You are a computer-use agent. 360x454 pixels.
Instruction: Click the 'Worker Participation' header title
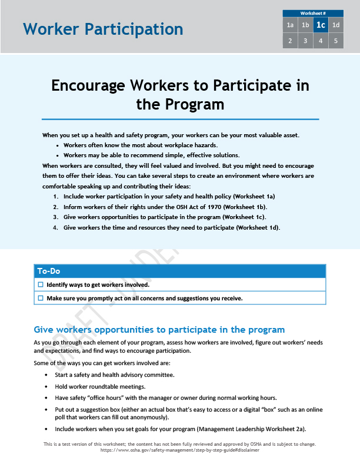pos(103,29)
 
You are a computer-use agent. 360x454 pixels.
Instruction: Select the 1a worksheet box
pos(290,25)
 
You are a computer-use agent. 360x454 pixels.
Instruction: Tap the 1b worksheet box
pos(305,25)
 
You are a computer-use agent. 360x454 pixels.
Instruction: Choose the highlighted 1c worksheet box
pos(321,25)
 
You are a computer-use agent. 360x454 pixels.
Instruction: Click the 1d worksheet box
pos(336,25)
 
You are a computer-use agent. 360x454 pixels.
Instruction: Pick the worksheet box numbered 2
pos(290,41)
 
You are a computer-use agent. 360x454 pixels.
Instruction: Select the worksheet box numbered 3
pos(305,41)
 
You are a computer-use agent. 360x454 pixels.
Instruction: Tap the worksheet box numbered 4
pos(321,41)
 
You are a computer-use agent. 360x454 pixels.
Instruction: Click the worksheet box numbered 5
pos(336,41)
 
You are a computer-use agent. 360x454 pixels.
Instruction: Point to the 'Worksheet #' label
pos(313,13)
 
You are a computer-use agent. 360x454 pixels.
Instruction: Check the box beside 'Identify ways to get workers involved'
pos(41,284)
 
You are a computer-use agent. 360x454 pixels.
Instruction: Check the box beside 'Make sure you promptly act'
pos(41,298)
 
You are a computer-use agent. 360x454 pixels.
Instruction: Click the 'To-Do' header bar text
pos(49,271)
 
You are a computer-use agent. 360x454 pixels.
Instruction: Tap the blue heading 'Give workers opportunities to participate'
pos(159,330)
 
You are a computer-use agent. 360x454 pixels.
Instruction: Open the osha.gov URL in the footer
pos(179,449)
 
